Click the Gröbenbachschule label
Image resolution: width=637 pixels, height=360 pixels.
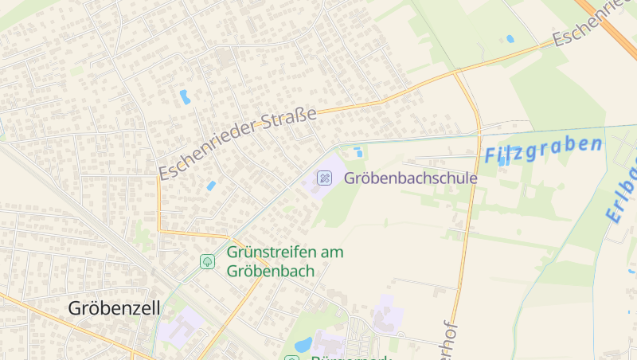point(410,178)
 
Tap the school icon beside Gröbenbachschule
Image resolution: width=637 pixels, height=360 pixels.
point(324,177)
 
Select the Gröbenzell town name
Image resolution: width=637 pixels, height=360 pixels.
point(115,307)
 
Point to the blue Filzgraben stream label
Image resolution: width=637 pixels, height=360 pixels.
point(543,149)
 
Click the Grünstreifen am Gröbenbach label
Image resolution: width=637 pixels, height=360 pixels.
point(284,261)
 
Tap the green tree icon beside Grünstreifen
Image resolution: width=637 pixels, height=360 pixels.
point(207,261)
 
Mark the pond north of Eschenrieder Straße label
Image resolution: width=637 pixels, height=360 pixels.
point(185,97)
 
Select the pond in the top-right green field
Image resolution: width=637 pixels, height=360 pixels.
point(510,38)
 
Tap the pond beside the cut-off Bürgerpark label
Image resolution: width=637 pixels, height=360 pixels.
point(303,345)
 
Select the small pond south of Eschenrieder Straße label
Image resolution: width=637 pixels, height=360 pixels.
point(211,186)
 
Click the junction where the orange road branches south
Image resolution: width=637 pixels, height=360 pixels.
point(457,73)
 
